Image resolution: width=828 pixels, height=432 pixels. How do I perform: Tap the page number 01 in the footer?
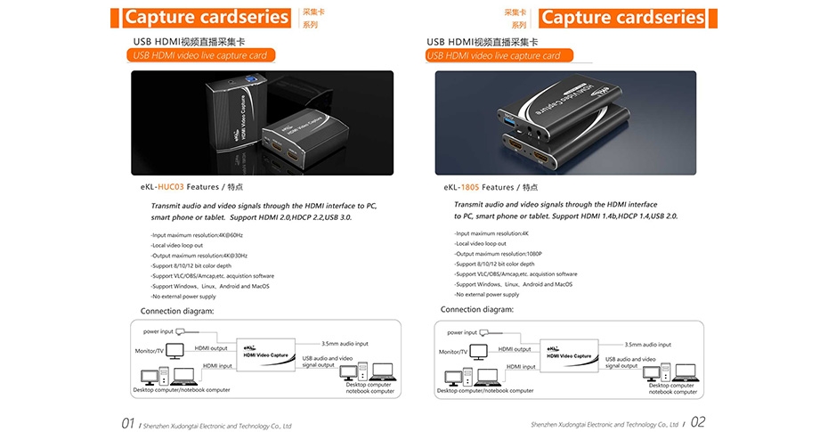tap(128, 422)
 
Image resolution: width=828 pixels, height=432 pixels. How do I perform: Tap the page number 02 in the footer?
tap(697, 422)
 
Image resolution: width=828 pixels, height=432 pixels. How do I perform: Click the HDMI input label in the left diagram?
tap(218, 366)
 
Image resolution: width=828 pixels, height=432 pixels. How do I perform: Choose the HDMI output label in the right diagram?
tap(515, 348)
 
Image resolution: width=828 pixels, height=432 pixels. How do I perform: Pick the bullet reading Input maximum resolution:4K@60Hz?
tap(184, 234)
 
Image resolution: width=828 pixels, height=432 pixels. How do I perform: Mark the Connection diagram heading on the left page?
tap(177, 310)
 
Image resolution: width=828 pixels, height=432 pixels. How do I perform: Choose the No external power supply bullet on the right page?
tap(487, 294)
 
